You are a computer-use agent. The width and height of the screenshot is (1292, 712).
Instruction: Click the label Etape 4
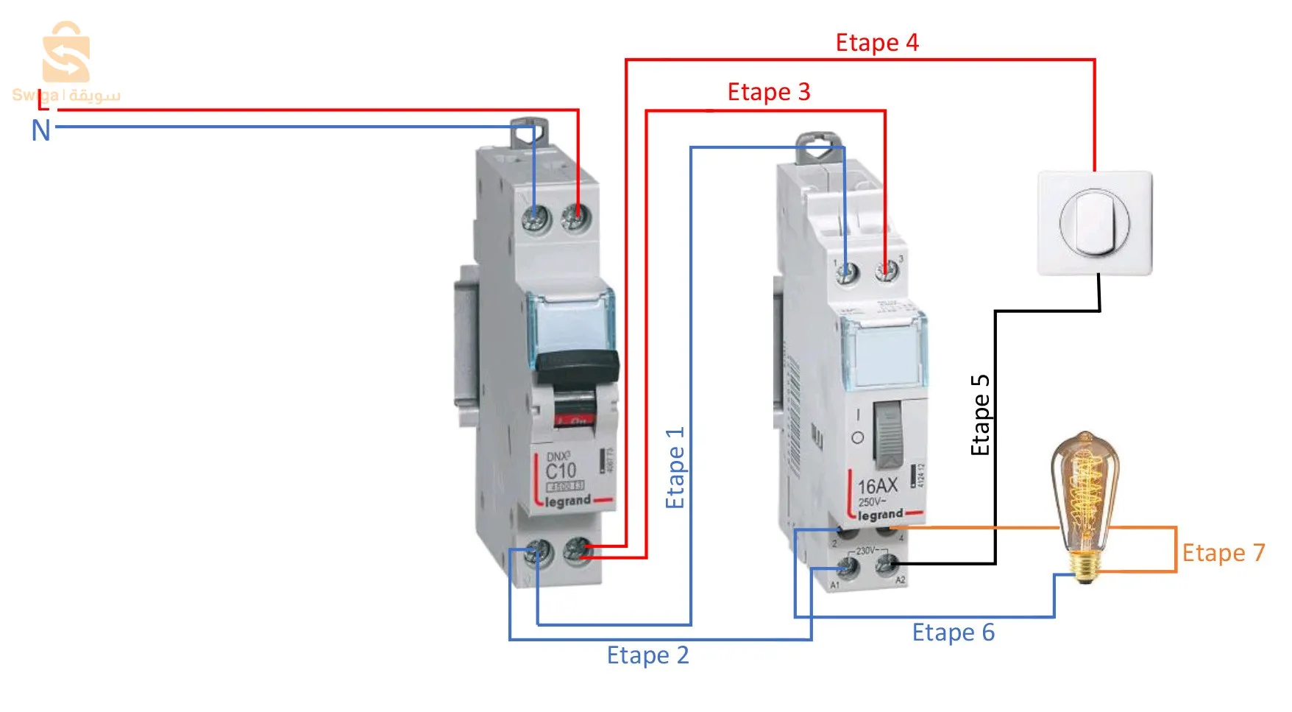coord(876,43)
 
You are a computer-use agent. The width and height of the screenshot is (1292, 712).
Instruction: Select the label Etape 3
coord(768,92)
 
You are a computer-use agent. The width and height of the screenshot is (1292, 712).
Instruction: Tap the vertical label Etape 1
coord(675,467)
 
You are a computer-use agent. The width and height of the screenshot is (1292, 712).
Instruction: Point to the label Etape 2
coord(647,655)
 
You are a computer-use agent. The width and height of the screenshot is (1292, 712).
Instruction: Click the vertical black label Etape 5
coord(981,415)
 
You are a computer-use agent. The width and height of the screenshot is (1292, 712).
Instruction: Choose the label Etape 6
coord(953,632)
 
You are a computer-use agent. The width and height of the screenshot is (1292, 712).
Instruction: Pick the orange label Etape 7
coord(1223,553)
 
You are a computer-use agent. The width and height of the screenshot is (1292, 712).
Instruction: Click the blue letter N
coord(41,131)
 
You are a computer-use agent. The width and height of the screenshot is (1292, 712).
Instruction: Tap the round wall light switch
coord(1094,223)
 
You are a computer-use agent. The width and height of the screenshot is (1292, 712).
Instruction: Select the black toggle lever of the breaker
coord(578,366)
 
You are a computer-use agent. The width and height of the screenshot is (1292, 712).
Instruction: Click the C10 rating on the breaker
coord(560,470)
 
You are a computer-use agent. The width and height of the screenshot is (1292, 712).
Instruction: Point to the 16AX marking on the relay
coord(877,486)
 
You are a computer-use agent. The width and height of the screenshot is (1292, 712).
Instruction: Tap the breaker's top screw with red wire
coord(575,217)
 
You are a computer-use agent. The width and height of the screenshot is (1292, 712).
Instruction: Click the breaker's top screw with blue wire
coord(536,218)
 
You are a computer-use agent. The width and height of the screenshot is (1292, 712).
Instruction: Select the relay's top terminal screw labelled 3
coord(887,272)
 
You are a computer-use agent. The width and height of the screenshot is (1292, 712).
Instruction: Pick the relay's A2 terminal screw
coord(886,565)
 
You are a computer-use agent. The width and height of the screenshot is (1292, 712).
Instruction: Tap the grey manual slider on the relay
coord(889,434)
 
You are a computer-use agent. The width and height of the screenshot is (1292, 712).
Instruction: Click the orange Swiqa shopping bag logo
coord(66,53)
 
